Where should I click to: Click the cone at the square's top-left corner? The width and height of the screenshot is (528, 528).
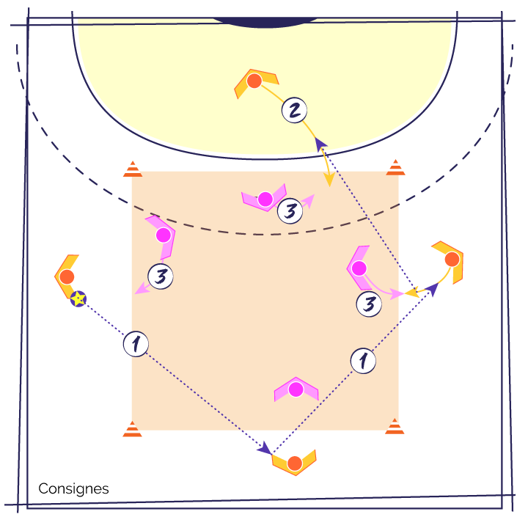133,169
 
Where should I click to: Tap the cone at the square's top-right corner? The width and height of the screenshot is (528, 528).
395,168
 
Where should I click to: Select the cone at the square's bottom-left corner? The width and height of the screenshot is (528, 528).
132,429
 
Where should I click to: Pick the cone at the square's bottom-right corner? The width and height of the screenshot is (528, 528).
395,427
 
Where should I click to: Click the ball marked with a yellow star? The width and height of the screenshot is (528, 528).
78,298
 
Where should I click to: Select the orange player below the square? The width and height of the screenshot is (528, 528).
295,463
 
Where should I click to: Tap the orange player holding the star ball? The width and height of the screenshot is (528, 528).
67,276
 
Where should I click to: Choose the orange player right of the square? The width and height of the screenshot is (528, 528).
452,259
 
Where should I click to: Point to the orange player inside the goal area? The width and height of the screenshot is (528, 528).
254,81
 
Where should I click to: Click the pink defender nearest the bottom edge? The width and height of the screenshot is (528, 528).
296,389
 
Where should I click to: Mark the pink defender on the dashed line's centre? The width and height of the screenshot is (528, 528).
265,199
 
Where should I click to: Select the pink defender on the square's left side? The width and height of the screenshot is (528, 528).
163,235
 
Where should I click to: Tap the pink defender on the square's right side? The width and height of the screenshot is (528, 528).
359,268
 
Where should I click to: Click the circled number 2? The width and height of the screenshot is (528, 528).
294,110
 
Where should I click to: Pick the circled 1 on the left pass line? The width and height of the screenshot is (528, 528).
136,343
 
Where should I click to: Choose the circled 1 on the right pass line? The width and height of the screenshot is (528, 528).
363,360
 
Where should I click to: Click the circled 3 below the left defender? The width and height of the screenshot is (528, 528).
161,276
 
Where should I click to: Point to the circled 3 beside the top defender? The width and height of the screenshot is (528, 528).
290,211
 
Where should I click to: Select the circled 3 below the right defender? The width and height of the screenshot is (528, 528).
369,304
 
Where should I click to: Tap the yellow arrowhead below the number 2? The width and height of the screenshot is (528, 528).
329,179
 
